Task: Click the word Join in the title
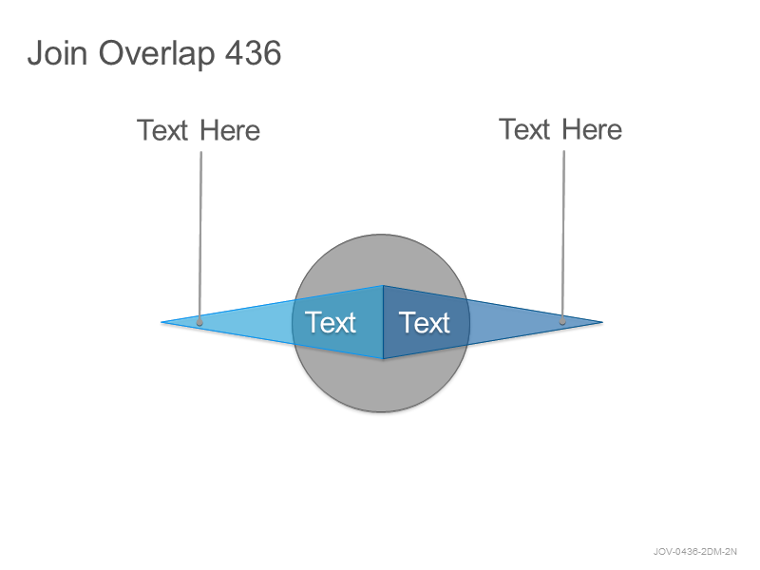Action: pos(57,52)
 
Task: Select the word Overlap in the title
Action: pos(157,53)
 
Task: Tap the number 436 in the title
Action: pos(254,52)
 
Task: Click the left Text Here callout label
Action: pos(199,130)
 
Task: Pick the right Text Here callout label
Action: pos(560,129)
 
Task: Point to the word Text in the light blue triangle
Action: pos(330,322)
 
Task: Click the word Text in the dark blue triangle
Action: pos(424,322)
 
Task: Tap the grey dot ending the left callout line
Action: pos(199,322)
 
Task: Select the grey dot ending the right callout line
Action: pos(562,321)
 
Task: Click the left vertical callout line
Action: pos(200,236)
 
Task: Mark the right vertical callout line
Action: pos(563,235)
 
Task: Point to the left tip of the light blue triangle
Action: pos(161,322)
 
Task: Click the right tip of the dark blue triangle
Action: pos(602,322)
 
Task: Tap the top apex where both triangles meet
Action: pos(383,286)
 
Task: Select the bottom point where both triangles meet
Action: pos(383,359)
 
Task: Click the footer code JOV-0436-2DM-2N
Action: pos(695,552)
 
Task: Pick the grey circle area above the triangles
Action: pos(381,259)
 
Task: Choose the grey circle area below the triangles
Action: pos(381,386)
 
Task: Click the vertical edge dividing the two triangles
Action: pos(383,322)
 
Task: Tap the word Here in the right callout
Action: pos(592,129)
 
